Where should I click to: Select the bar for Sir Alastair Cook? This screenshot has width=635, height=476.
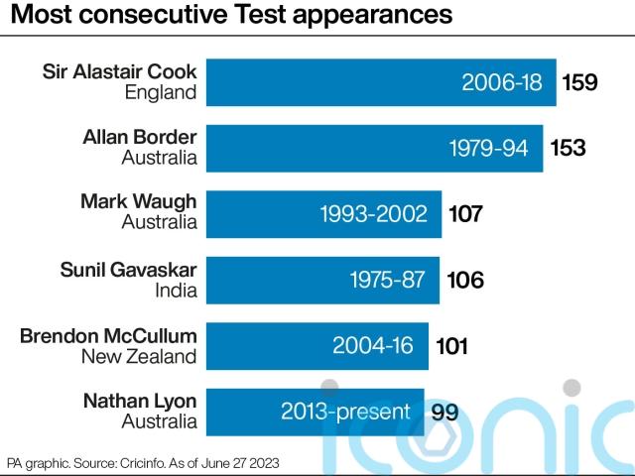(x=382, y=82)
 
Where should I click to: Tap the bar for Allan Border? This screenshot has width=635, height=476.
(x=375, y=148)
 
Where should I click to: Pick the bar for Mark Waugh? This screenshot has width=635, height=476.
(x=324, y=213)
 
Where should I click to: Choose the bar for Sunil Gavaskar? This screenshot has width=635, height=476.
(x=323, y=279)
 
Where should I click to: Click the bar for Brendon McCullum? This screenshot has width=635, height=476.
(x=318, y=345)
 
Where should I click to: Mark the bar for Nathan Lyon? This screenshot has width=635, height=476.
(x=316, y=411)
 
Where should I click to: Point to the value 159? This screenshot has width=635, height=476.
(x=579, y=82)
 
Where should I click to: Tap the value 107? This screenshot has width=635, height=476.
(x=465, y=213)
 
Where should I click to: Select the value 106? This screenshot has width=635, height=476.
(x=464, y=280)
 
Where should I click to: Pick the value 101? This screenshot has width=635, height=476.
(x=451, y=345)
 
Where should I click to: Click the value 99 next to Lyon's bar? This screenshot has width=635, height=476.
(x=444, y=411)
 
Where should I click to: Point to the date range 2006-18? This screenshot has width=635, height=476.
(x=502, y=82)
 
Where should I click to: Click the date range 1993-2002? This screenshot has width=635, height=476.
(x=373, y=213)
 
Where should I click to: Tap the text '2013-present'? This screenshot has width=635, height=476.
(x=345, y=411)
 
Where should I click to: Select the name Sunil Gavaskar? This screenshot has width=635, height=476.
(x=128, y=269)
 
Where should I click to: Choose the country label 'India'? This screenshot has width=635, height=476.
(x=175, y=291)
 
